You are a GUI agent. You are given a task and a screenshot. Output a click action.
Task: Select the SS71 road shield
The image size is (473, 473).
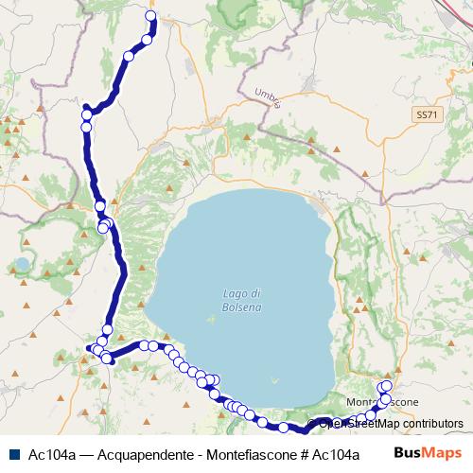pyautogui.click(x=428, y=114)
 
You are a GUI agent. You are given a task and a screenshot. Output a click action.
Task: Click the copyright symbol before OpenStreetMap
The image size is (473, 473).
pyautogui.click(x=308, y=425)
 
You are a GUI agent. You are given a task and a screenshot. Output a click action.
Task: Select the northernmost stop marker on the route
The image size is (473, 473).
pyautogui.click(x=151, y=16)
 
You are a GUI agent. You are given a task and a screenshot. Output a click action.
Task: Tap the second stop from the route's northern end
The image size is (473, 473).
pyautogui.click(x=147, y=39)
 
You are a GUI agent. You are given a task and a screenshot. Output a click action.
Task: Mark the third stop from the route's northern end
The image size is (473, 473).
pyautogui.click(x=129, y=57)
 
